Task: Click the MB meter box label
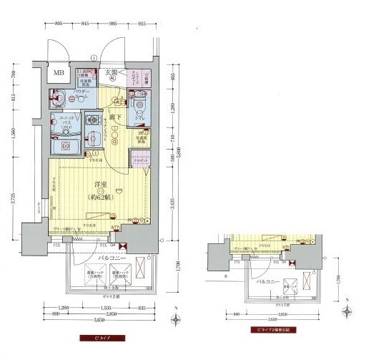[57, 73]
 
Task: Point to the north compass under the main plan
[175, 313]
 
